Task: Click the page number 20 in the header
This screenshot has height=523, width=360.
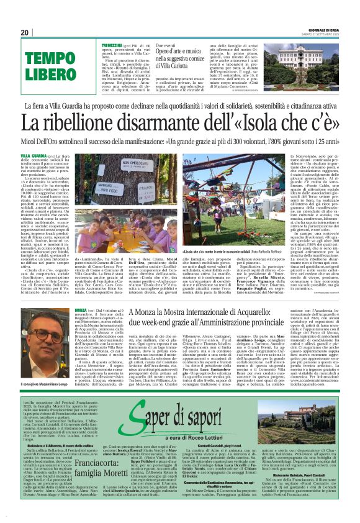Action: pos(25,32)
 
